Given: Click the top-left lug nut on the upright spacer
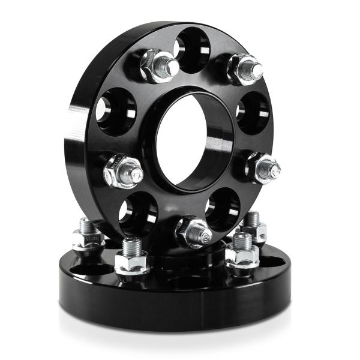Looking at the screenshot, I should click(157, 66).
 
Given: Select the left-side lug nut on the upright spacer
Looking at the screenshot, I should click(122, 172).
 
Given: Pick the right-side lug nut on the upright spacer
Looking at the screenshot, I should click(262, 167).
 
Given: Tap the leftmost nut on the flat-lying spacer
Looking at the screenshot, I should click(88, 238).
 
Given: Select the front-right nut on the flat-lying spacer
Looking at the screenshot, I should click(242, 256).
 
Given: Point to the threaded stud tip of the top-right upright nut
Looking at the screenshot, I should click(257, 71).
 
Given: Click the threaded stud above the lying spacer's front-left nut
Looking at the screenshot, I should click(132, 245).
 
